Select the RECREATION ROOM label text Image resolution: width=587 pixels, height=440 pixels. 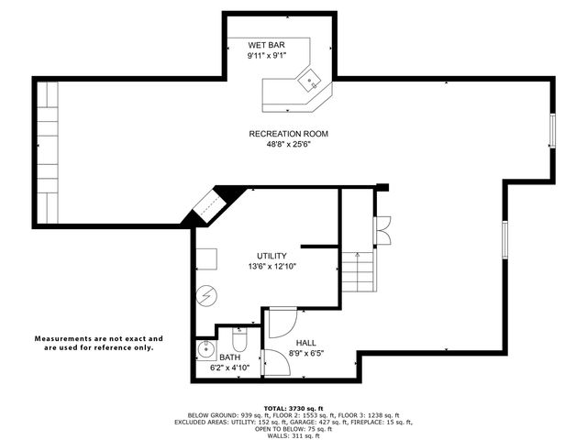[x=288, y=134]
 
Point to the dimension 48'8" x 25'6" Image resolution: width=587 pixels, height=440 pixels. [x=288, y=145]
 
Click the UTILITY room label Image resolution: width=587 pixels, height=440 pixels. [x=271, y=256]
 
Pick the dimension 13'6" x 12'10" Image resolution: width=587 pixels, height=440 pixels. [x=271, y=267]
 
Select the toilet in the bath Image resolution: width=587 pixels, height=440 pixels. [x=238, y=336]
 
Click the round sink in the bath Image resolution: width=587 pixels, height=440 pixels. [x=205, y=351]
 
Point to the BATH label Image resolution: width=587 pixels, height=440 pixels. [x=229, y=357]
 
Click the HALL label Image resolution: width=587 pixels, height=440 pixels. [x=305, y=343]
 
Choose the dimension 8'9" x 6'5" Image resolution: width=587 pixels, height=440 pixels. [x=305, y=353]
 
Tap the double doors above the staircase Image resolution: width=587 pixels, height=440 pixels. [x=382, y=229]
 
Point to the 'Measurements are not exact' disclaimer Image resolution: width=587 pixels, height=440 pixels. [x=99, y=343]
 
